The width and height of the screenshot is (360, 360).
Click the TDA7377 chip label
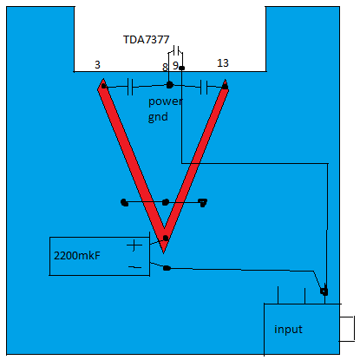coord(146,40)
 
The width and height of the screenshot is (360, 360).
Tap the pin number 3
coord(97,64)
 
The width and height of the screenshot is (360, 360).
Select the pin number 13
coord(223,63)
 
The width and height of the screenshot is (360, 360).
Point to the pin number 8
coord(165,67)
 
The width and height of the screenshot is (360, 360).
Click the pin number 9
coord(175,66)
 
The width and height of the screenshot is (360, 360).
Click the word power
coord(165,101)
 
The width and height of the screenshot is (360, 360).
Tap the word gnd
coord(158,117)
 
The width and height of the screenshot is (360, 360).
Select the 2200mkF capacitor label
coord(77,256)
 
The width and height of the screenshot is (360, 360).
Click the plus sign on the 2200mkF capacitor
coord(134,245)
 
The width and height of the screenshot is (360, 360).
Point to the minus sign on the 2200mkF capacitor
coord(134,267)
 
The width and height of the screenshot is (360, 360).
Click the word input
coord(288,330)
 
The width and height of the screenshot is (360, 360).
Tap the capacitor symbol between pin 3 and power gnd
coord(130,87)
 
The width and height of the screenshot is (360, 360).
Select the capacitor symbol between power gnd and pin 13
coord(204,87)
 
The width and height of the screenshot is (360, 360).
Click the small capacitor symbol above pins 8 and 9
coord(176,50)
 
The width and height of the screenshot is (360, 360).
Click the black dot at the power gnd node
coord(169,85)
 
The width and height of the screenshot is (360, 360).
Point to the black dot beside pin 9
coord(181,68)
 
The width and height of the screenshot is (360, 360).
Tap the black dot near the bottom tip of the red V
coord(166,238)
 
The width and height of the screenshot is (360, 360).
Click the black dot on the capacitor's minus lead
coord(167,268)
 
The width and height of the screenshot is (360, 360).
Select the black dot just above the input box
coord(324,291)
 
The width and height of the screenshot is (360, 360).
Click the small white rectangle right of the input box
coord(347,329)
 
